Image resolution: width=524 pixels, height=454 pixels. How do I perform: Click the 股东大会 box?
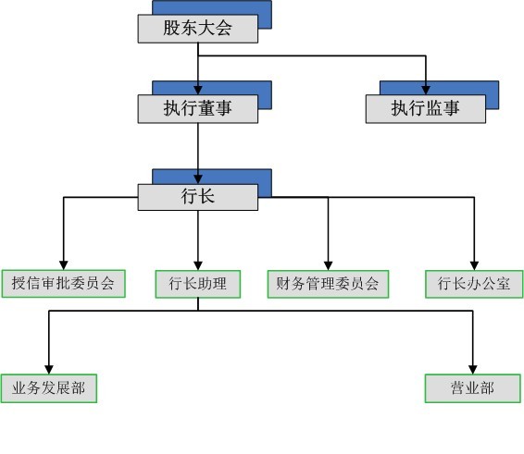[197, 29]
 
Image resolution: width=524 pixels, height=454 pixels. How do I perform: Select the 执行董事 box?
[197, 109]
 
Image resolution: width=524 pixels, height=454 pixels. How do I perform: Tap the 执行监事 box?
[425, 109]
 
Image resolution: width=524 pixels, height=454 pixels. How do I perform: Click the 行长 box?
[197, 196]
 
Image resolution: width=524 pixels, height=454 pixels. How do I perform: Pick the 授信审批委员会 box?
[63, 284]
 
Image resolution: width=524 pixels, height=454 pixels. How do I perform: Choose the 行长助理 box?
[197, 284]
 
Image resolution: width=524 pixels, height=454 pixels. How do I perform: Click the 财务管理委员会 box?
[328, 284]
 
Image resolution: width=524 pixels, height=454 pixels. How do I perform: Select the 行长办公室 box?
[474, 284]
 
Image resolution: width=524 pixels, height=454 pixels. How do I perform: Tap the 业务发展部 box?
[48, 388]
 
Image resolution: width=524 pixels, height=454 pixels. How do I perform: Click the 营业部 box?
[473, 388]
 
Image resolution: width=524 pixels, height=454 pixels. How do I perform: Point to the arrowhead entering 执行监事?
[426, 90]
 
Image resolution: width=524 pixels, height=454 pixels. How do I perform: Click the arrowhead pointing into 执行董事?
[198, 90]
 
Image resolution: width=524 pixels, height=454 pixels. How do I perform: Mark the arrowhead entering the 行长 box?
[198, 178]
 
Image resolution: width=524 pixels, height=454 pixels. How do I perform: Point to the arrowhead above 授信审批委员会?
[63, 264]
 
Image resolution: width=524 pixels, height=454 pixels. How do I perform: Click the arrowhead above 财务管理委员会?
[328, 264]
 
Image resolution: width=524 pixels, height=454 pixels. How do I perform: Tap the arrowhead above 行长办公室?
[474, 264]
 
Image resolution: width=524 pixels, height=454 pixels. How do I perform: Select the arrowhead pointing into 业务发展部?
[48, 369]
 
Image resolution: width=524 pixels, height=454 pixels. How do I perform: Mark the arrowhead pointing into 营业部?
[473, 369]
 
